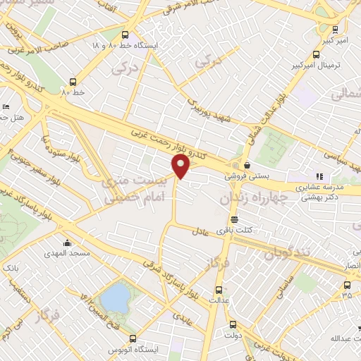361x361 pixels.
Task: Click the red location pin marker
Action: point(182,166)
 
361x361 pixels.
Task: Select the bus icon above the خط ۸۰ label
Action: point(73,82)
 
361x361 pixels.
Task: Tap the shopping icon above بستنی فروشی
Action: point(246,165)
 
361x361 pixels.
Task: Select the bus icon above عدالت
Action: point(218,289)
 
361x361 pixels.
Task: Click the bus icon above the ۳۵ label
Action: point(346,286)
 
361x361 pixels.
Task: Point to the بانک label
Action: point(10,269)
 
